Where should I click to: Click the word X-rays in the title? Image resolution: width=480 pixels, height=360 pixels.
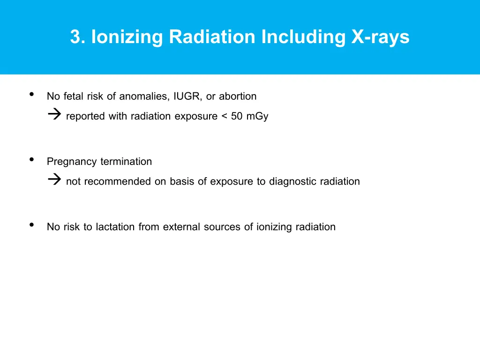point(380,37)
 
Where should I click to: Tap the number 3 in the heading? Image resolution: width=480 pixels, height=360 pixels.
point(75,37)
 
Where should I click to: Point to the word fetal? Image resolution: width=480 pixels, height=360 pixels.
point(73,97)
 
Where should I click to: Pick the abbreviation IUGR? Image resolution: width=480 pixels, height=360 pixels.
point(186,97)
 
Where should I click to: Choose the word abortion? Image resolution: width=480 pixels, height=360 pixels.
point(238,97)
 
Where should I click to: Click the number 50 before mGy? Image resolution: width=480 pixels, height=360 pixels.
point(237,116)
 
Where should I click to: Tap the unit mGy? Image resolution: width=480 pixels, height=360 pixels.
point(257,116)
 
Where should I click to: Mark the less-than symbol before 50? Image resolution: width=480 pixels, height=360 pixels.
point(224,116)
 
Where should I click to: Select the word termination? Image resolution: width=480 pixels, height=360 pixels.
point(126,162)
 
